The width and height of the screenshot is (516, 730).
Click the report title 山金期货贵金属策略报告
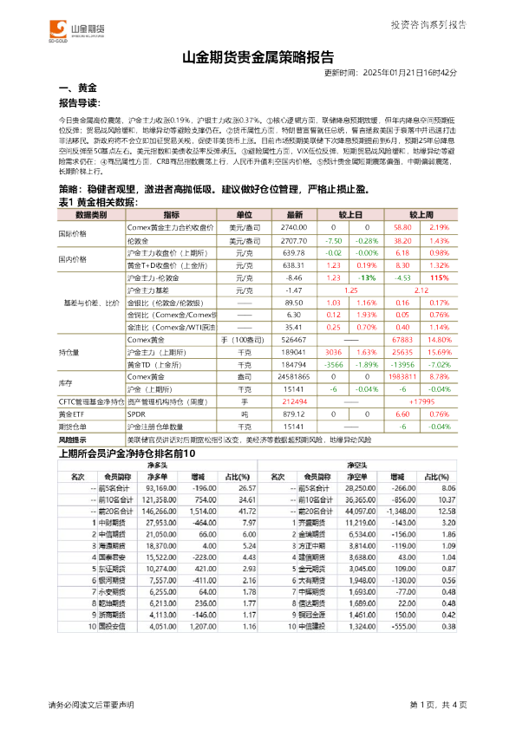(258, 58)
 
